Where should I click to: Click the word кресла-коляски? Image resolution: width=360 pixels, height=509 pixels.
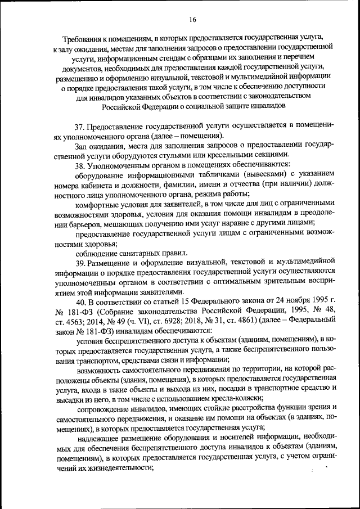[x=232, y=397]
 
